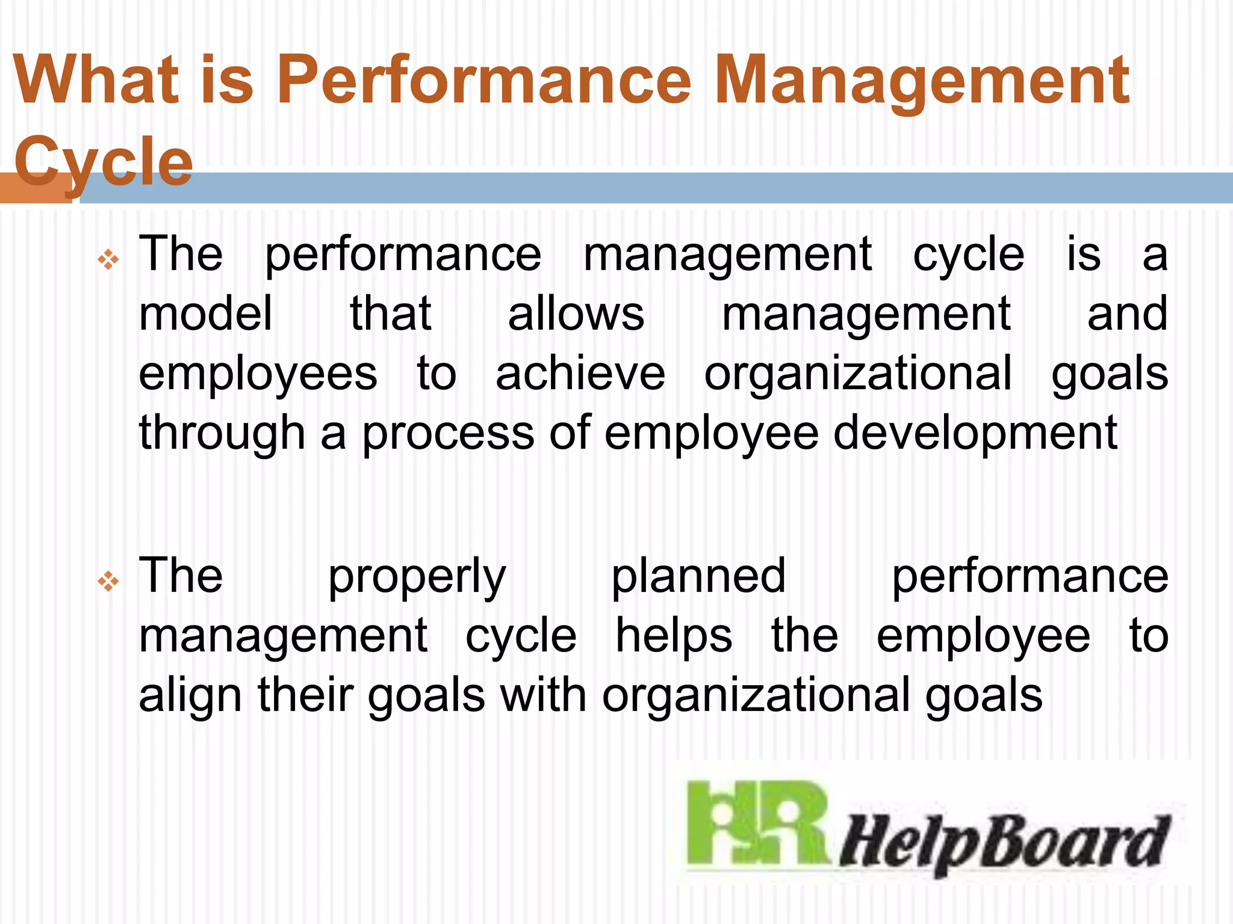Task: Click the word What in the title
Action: point(96,80)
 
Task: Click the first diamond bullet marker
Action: point(108,260)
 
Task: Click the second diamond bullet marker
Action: point(108,582)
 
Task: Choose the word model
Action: point(206,313)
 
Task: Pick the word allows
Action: point(576,313)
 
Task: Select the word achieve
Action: point(580,374)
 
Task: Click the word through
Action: point(222,433)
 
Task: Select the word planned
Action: point(698,576)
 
